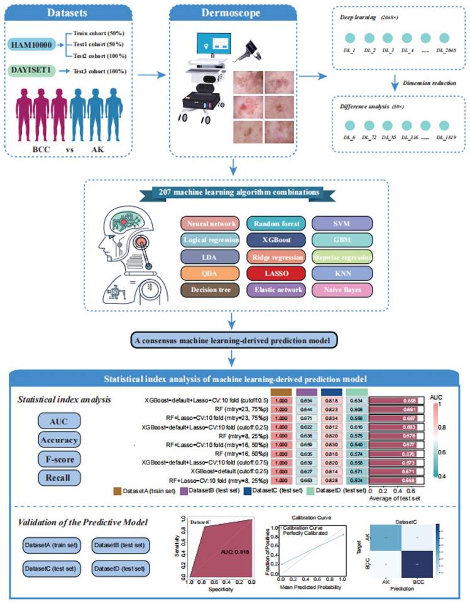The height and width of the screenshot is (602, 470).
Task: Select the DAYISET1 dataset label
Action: pyautogui.click(x=35, y=72)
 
